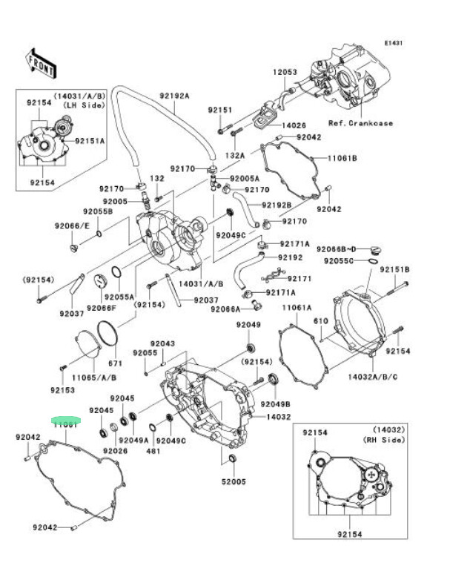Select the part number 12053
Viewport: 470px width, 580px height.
point(284,72)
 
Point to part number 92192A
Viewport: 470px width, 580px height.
point(174,96)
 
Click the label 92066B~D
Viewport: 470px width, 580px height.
point(337,248)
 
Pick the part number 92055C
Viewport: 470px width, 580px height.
point(338,261)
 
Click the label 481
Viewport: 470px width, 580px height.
point(153,450)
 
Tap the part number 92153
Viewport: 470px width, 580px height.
point(63,389)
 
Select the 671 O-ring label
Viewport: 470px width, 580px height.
point(115,363)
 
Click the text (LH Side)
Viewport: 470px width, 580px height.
point(81,105)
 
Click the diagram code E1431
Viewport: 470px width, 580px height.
point(393,43)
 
